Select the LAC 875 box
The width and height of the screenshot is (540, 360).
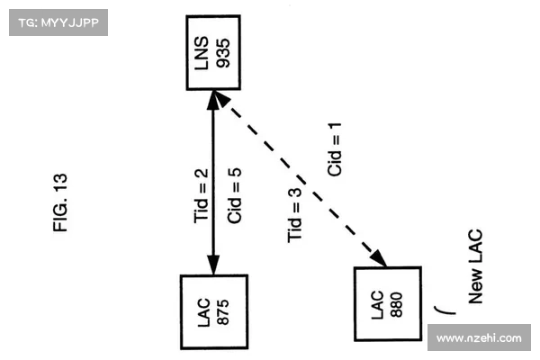pyautogui.click(x=213, y=311)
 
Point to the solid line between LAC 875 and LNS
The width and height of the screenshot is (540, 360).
pyautogui.click(x=213, y=180)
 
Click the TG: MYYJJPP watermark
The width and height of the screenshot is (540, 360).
pyautogui.click(x=58, y=22)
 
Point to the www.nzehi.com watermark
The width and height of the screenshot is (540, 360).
pyautogui.click(x=478, y=338)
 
